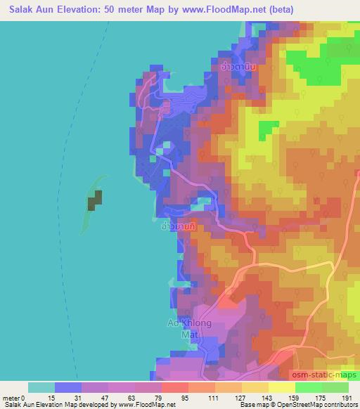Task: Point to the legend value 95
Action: (165, 398)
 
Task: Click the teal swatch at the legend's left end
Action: (41, 387)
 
